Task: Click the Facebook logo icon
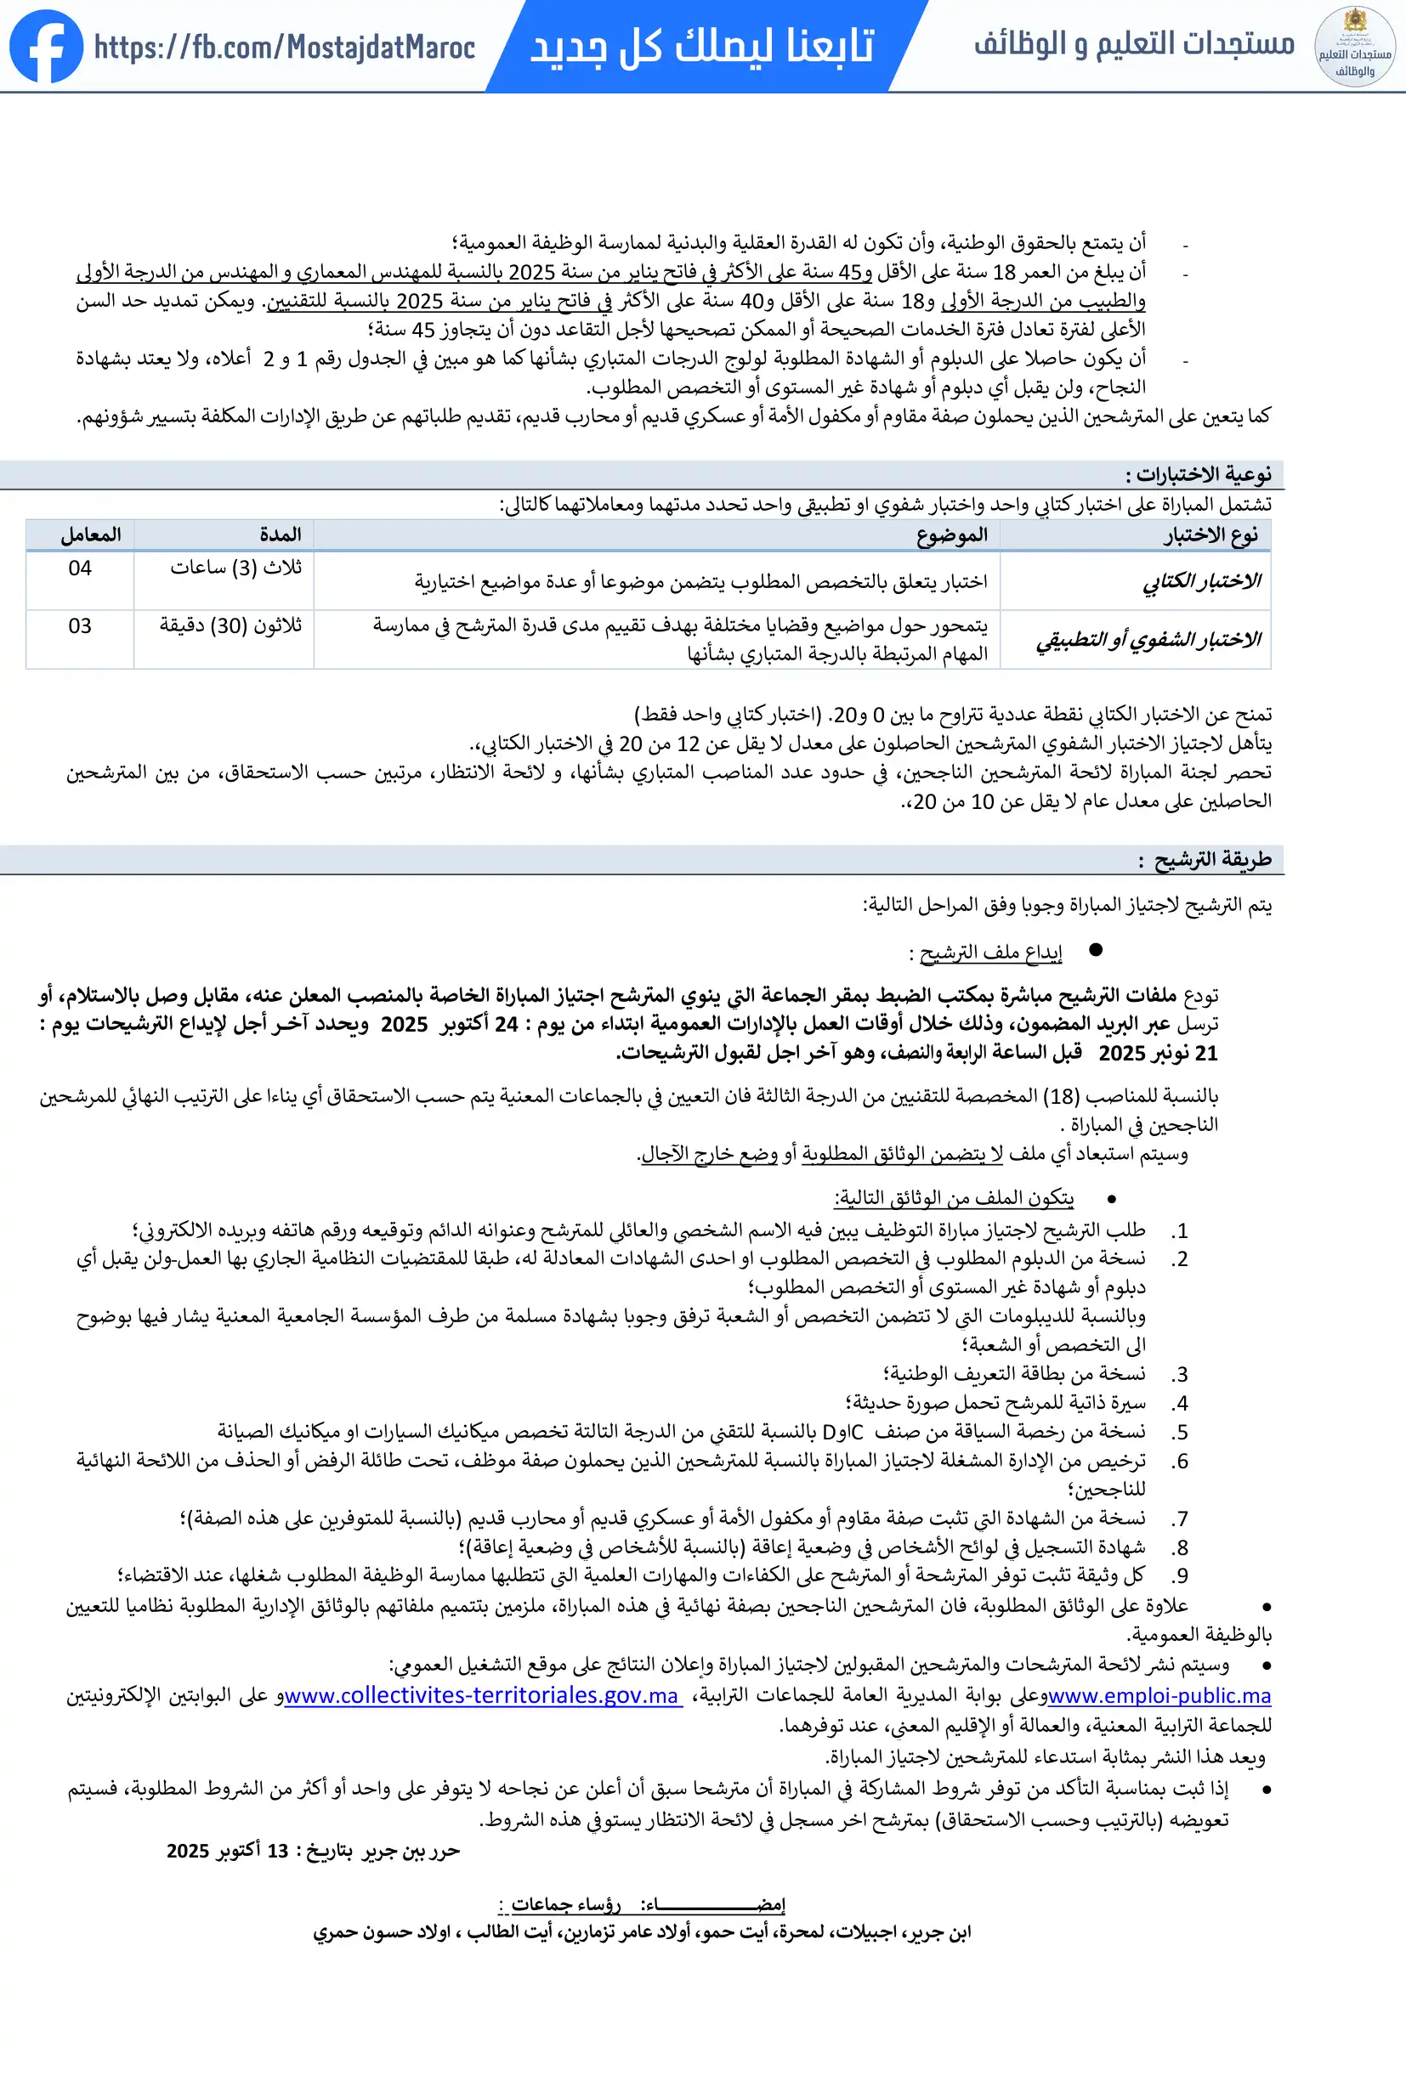[x=46, y=47]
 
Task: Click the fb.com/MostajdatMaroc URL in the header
[x=284, y=48]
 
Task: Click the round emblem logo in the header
[x=1354, y=47]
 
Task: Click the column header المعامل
[x=90, y=534]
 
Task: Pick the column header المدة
[x=281, y=534]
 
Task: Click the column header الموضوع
[x=951, y=534]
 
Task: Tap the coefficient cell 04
[x=80, y=568]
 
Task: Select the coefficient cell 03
[x=80, y=626]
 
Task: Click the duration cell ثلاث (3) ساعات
[x=235, y=568]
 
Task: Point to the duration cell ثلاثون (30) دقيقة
[x=230, y=626]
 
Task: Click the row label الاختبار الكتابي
[x=1201, y=582]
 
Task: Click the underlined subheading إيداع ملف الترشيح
[x=990, y=953]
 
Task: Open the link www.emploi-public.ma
[x=1159, y=1695]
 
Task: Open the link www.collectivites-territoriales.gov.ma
[x=481, y=1695]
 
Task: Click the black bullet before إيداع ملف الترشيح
[x=1095, y=949]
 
